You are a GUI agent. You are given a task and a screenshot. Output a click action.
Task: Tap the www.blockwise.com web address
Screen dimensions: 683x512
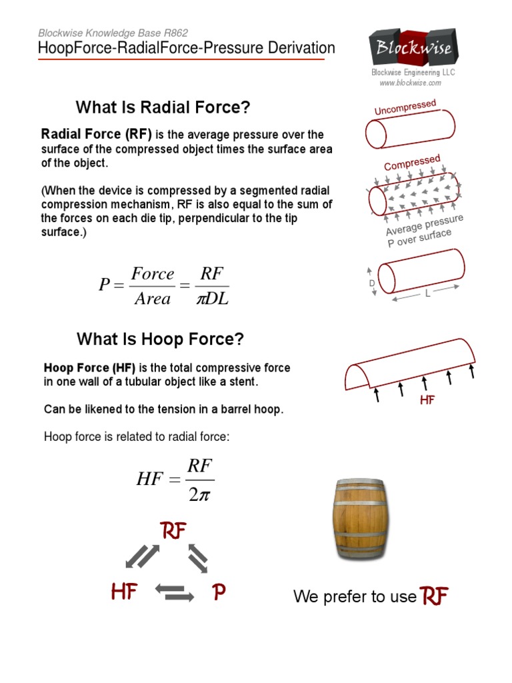pos(410,83)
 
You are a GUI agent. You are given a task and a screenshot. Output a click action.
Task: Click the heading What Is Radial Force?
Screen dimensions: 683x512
pos(163,107)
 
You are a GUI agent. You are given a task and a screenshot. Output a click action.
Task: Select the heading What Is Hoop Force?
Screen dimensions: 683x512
pos(160,339)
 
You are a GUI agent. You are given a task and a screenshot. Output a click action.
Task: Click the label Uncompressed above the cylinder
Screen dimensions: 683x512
pos(405,107)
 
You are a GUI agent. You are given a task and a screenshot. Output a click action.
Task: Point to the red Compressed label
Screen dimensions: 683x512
pos(412,162)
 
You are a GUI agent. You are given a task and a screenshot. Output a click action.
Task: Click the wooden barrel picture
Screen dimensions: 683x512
pos(359,520)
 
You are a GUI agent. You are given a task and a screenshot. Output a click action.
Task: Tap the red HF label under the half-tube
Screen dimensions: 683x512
pos(427,400)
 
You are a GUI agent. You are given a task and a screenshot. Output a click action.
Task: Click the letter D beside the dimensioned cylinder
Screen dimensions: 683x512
pos(372,283)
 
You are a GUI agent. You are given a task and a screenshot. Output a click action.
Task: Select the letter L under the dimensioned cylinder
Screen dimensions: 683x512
pos(427,295)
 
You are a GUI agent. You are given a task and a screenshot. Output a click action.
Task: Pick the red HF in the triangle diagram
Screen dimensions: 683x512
pos(123,592)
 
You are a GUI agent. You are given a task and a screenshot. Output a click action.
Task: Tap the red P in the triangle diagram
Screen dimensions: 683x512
pos(219,592)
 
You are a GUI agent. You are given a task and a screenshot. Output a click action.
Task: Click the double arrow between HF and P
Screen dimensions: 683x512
pos(174,592)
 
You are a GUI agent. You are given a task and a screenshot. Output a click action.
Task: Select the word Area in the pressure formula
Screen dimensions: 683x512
pos(153,299)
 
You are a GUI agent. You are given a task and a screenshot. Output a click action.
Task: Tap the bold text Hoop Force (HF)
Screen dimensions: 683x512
pos(89,368)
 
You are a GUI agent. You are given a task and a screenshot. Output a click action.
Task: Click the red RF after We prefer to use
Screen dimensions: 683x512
pos(434,596)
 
